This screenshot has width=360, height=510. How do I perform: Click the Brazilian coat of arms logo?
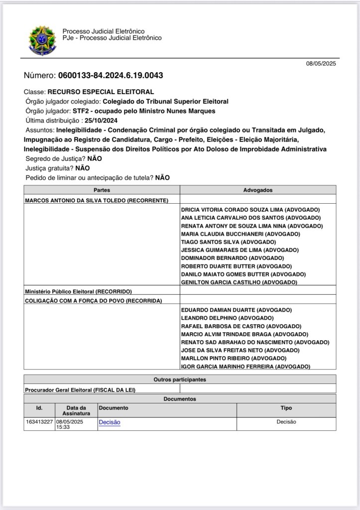click(43, 40)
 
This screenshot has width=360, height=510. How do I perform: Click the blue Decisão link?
click(110, 422)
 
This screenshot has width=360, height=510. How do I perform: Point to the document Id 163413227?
click(39, 422)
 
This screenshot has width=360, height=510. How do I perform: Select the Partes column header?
click(102, 190)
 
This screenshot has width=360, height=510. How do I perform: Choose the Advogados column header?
click(258, 190)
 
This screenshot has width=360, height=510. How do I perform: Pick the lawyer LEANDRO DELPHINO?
click(227, 318)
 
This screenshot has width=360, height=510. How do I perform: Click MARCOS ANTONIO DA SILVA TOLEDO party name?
click(97, 200)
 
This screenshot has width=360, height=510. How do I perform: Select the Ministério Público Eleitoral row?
click(78, 291)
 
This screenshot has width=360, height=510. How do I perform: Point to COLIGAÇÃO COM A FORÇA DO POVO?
click(94, 300)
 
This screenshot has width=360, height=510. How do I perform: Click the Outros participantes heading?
click(179, 380)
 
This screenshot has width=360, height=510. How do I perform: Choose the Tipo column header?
click(286, 407)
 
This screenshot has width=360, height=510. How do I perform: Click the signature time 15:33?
click(63, 427)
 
